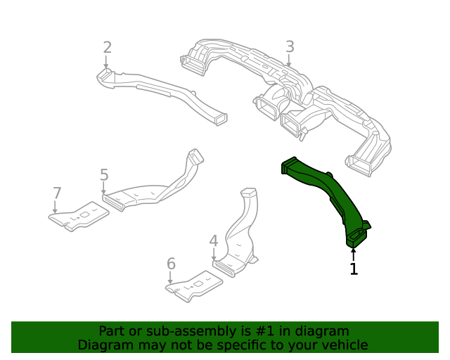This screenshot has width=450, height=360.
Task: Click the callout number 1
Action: (354, 269)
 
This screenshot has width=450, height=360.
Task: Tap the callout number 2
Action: (107, 47)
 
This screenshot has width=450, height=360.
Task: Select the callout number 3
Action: (290, 47)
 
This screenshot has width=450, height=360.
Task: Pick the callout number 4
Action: (214, 241)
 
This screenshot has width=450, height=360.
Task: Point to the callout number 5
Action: (104, 174)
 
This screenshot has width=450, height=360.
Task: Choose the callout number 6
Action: (170, 264)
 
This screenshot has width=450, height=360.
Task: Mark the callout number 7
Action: (58, 193)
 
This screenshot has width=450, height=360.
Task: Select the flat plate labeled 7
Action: (79, 218)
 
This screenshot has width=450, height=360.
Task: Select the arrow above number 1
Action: (354, 253)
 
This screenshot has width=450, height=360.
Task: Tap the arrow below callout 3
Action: (289, 62)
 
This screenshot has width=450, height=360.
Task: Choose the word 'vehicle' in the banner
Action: (342, 345)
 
